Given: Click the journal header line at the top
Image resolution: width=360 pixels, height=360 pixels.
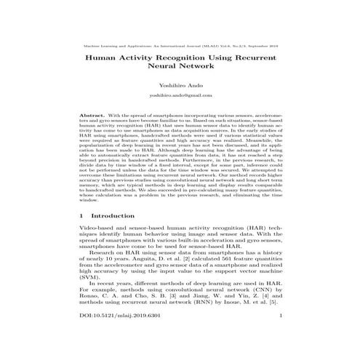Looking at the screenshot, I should coord(180,45).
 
